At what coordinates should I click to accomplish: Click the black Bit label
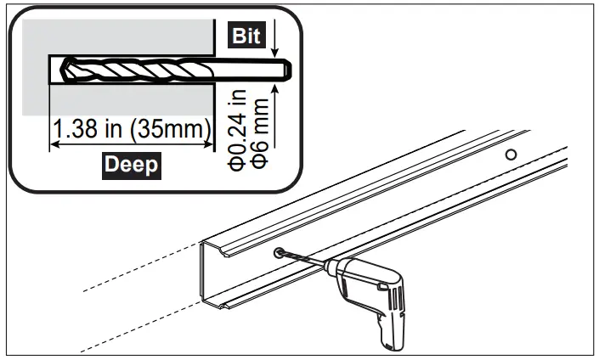coord(246,37)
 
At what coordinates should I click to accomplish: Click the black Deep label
coord(131,163)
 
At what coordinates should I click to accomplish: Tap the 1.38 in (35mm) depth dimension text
coord(133,130)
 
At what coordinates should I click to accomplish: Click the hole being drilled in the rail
coord(280,252)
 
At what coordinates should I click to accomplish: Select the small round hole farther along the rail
coord(511,155)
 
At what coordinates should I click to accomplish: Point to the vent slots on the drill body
coord(396,296)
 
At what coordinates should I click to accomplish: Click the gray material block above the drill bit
coord(119,37)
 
